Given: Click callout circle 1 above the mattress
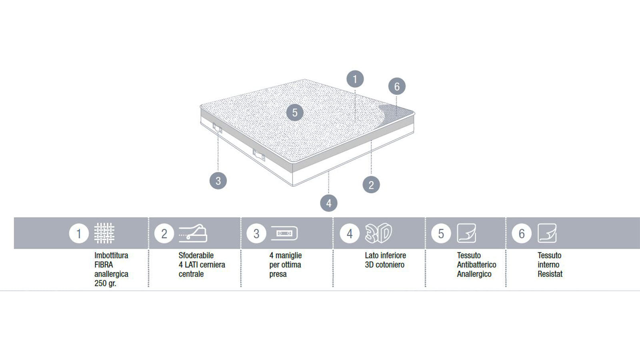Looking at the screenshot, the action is (355, 79).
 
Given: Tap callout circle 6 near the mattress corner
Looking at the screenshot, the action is (397, 86).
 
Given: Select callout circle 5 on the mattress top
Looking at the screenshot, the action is (295, 112).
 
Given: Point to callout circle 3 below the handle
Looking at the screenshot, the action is (218, 180).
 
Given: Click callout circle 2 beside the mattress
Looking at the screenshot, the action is (371, 184).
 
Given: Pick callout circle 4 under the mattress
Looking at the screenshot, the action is (328, 203).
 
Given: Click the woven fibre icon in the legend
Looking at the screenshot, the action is (104, 233).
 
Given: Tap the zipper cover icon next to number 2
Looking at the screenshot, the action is (193, 233).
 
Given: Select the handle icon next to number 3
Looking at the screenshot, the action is (284, 234).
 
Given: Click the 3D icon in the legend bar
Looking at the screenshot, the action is (378, 233).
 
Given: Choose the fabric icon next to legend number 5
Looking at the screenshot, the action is (466, 233).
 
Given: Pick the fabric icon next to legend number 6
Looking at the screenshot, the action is (547, 233).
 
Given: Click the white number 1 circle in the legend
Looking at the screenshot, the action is (79, 234).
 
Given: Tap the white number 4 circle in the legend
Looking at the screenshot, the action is (350, 234).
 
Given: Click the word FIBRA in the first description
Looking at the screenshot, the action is (104, 265).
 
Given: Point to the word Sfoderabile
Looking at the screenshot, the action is (196, 256).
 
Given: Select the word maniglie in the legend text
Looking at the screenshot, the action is (288, 256).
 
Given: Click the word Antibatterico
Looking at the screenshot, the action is (476, 265).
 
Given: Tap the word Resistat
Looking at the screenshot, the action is (550, 274).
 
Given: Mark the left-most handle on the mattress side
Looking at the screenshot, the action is (218, 128).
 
